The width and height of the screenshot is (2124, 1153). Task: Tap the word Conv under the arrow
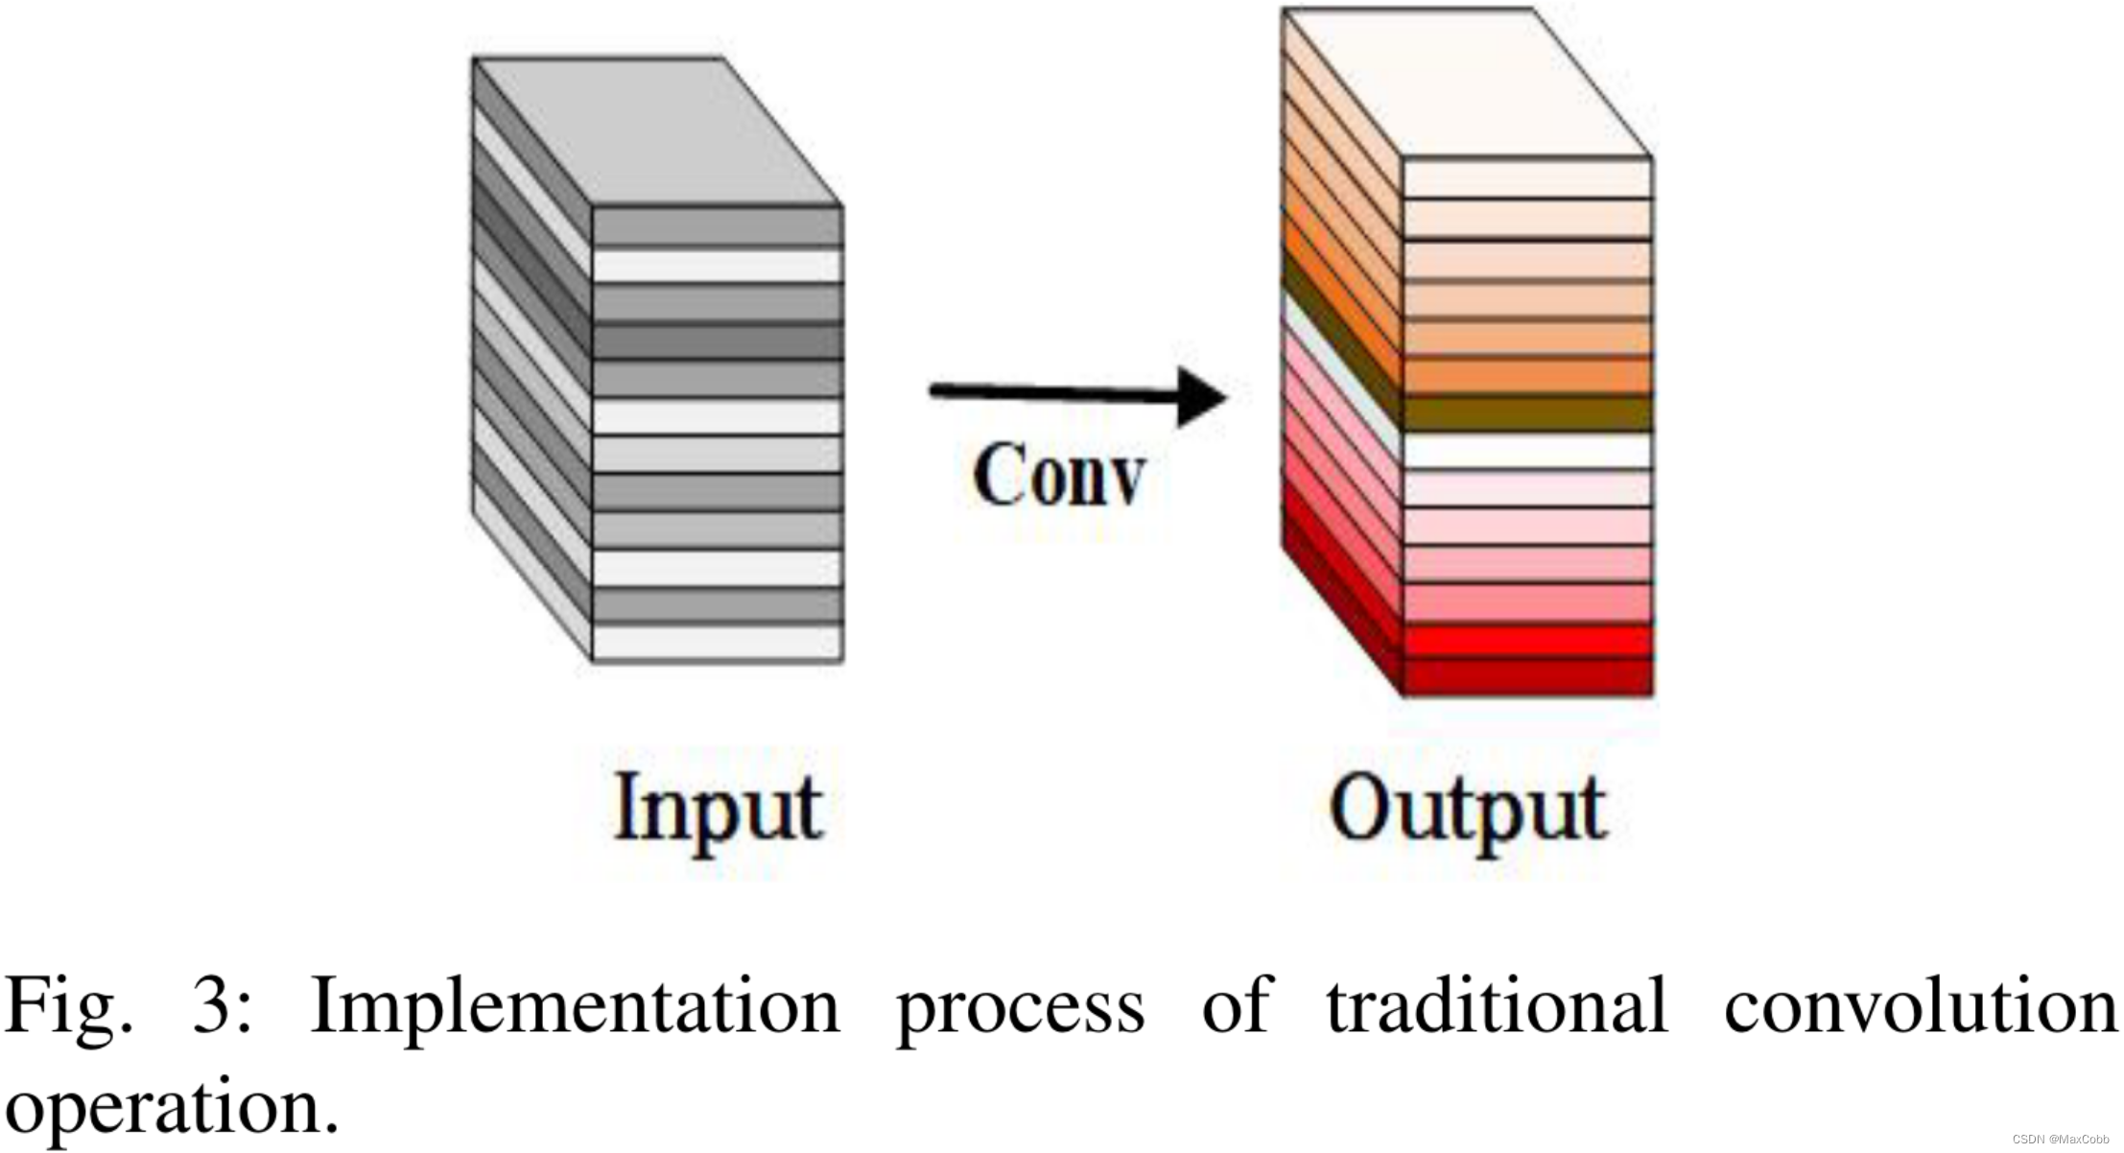click(1058, 475)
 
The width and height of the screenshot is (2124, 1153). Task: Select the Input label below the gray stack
click(718, 809)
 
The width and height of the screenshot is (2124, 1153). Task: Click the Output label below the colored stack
click(1468, 811)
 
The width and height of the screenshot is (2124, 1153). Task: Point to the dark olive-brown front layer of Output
click(1527, 413)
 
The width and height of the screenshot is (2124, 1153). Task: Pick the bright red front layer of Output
click(1527, 640)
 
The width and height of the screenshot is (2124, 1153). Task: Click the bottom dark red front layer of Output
click(1527, 676)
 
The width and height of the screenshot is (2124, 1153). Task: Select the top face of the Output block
click(1468, 82)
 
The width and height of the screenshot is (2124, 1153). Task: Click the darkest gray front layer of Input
click(717, 341)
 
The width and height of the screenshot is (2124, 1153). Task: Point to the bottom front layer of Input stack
click(717, 642)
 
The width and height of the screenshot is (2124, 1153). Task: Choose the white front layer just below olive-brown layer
click(1527, 451)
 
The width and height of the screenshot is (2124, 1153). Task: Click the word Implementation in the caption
click(575, 1006)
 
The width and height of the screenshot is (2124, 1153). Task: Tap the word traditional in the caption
click(1497, 1006)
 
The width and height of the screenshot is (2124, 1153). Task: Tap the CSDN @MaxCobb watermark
click(2060, 1139)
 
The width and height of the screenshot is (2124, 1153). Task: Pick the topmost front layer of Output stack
click(1527, 178)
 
